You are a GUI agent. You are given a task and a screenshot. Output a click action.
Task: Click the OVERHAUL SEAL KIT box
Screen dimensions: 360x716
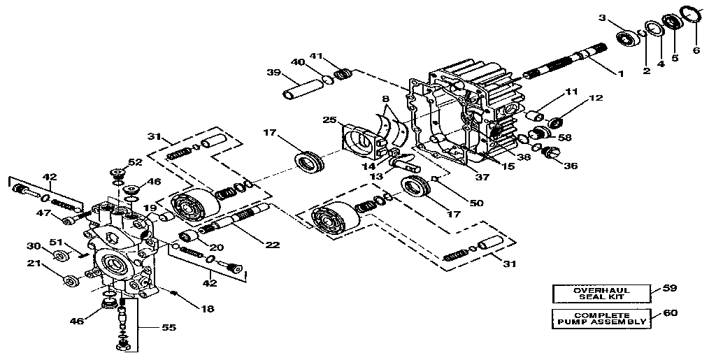pos(601,293)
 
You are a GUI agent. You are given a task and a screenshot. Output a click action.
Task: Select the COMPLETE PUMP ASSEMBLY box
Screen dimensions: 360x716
pos(601,318)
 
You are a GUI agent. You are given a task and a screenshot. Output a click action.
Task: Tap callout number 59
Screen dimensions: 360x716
pos(670,288)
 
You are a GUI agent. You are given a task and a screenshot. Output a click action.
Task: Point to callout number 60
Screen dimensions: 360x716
pos(670,313)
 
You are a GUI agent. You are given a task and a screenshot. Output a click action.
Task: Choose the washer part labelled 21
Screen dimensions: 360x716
pos(70,281)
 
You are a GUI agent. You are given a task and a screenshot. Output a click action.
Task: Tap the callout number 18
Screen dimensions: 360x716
pos(208,308)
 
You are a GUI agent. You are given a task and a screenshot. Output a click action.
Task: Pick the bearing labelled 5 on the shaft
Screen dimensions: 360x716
pos(673,21)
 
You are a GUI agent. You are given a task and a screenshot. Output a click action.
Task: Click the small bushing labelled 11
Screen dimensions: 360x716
pos(534,113)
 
